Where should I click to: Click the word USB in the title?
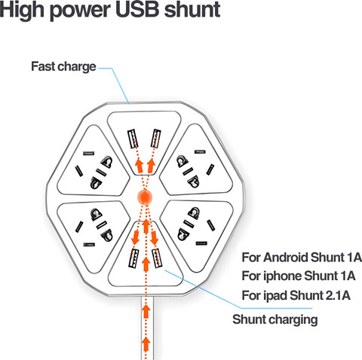pyautogui.click(x=137, y=9)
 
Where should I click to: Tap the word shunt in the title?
pyautogui.click(x=192, y=9)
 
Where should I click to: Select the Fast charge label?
pyautogui.click(x=63, y=66)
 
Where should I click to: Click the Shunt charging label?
pyautogui.click(x=275, y=319)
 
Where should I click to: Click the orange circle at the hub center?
pyautogui.click(x=145, y=197)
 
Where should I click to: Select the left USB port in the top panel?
pyautogui.click(x=133, y=139)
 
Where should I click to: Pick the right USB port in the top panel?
pyautogui.click(x=155, y=139)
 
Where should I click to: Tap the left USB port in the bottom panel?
pyautogui.click(x=133, y=258)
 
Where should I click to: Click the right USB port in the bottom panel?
pyautogui.click(x=157, y=258)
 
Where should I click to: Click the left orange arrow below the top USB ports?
pyautogui.click(x=140, y=166)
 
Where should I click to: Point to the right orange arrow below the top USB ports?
pyautogui.click(x=151, y=166)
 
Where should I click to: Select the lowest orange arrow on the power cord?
pyautogui.click(x=146, y=344)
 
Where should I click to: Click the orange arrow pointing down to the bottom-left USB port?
pyautogui.click(x=136, y=237)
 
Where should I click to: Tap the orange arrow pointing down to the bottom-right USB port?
pyautogui.click(x=154, y=237)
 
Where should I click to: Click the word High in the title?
pyautogui.click(x=23, y=11)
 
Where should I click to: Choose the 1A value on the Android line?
pyautogui.click(x=354, y=258)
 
